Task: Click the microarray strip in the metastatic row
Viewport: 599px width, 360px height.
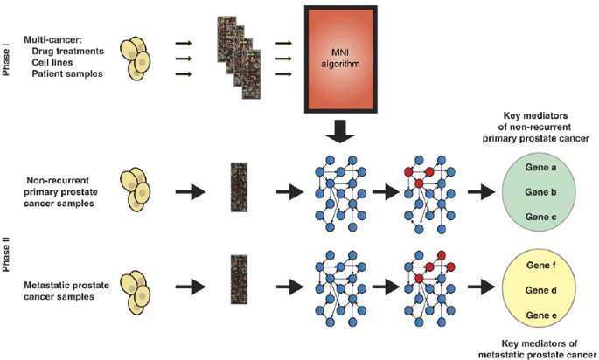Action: (236, 281)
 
